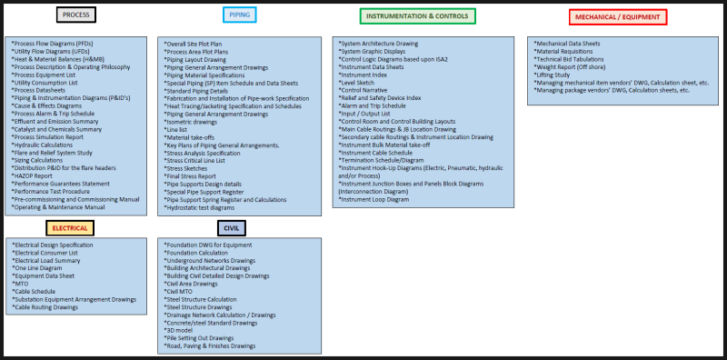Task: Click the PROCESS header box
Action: tap(75, 15)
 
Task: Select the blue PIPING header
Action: tap(240, 15)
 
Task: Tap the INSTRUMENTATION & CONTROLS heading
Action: tap(417, 15)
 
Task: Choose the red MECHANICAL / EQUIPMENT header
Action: tap(618, 16)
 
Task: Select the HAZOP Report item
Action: tap(37, 175)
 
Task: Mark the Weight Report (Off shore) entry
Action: tap(576, 67)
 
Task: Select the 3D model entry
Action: tap(181, 330)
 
